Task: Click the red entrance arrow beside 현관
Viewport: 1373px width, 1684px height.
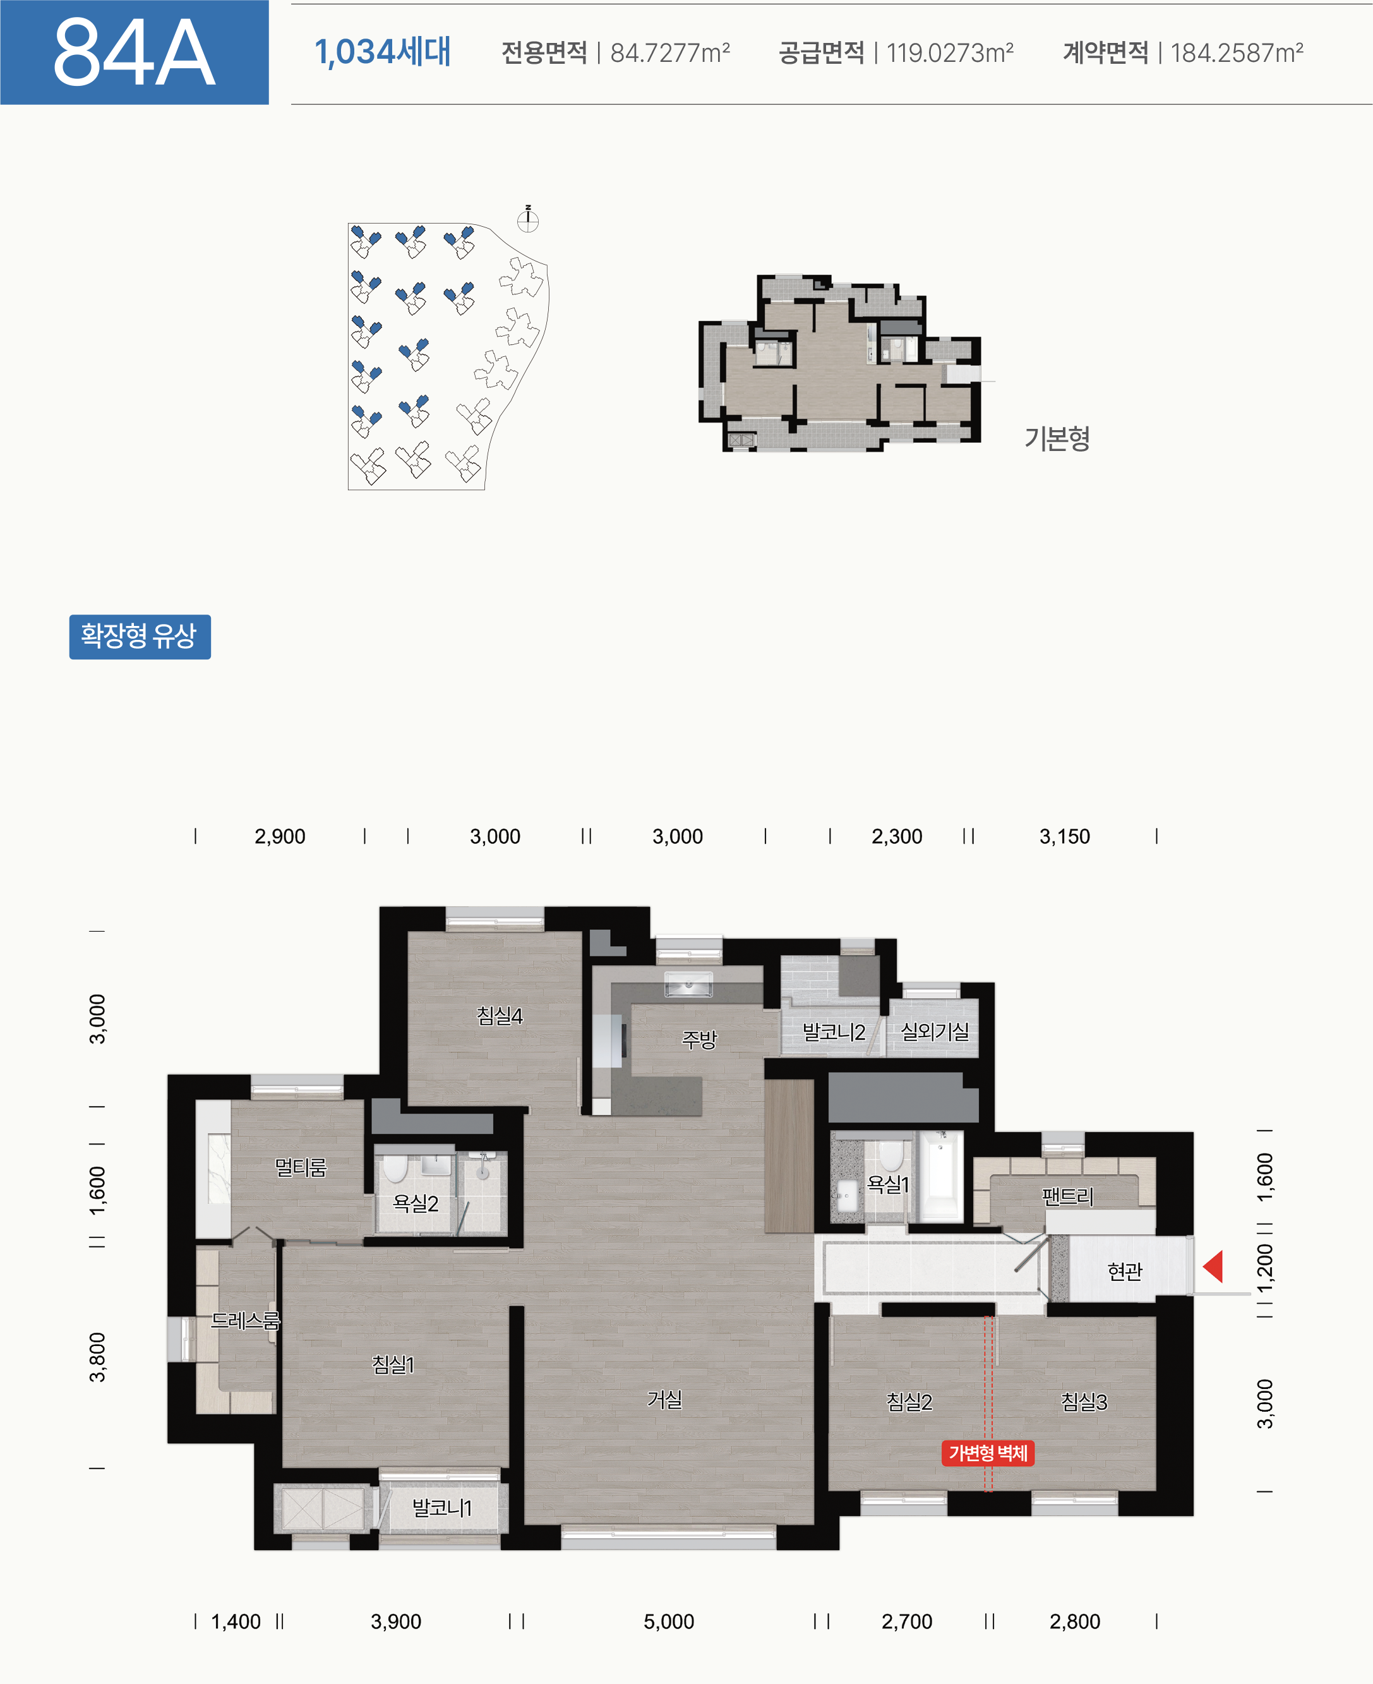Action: [x=1214, y=1266]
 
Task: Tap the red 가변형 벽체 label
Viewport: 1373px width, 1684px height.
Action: [x=987, y=1453]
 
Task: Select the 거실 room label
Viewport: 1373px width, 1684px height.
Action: [x=664, y=1399]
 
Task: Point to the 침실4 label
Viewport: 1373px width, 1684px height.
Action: [x=499, y=1016]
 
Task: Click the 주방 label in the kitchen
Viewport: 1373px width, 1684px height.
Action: [x=699, y=1039]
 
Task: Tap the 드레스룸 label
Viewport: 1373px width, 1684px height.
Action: [x=245, y=1320]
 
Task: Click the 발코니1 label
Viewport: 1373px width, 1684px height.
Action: [x=441, y=1508]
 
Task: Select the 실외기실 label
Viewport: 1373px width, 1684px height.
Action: [x=935, y=1031]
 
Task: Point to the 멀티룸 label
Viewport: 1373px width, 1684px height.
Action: [x=301, y=1167]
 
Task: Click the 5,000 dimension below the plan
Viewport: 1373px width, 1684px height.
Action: [x=668, y=1621]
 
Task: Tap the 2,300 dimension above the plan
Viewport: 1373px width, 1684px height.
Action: [x=896, y=836]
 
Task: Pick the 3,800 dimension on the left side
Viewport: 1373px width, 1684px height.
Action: [x=97, y=1357]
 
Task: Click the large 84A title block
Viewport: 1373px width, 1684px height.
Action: [x=135, y=52]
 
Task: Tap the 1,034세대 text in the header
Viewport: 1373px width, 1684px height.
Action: [x=383, y=52]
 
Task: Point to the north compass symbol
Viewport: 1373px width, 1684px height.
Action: [x=527, y=220]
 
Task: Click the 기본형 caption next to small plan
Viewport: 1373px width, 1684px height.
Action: [x=1057, y=437]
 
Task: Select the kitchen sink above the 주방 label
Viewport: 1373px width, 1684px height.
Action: [x=688, y=985]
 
